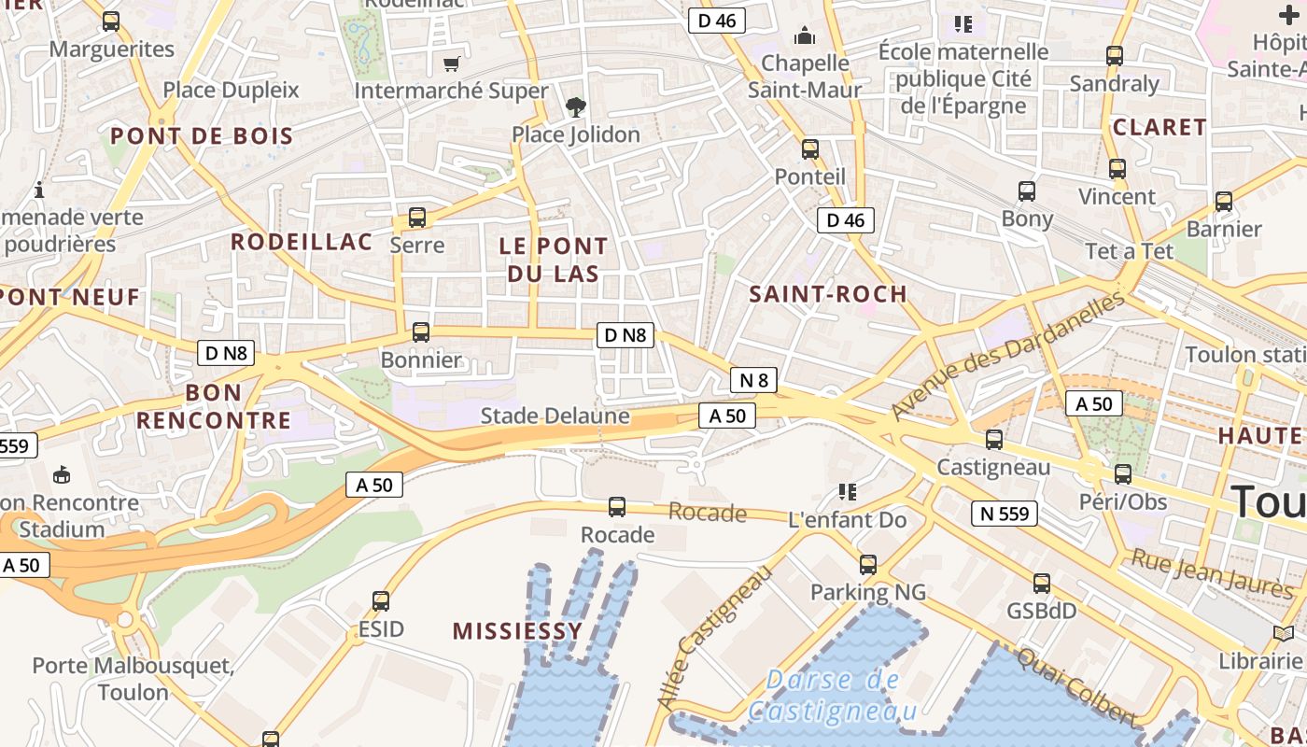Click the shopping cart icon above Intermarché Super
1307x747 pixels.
coord(452,63)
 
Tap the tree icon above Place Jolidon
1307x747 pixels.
coord(576,107)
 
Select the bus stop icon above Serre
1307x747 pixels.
coord(417,218)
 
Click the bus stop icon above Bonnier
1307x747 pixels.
coord(421,332)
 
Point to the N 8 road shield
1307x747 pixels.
coord(753,380)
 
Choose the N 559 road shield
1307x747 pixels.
coord(1005,513)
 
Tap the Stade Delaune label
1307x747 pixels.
coord(555,416)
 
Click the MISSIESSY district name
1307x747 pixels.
coord(518,631)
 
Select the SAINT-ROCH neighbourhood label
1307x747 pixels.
coord(828,294)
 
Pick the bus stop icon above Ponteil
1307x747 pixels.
coord(810,149)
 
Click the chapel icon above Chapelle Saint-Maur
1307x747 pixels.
coord(804,36)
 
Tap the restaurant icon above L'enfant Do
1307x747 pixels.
coord(847,491)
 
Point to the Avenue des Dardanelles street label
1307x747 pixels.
coord(1008,356)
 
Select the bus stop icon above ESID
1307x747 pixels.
coord(381,601)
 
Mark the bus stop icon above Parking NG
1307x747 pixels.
coord(868,564)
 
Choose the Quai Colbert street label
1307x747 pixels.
coord(1076,686)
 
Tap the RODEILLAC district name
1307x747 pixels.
coord(302,242)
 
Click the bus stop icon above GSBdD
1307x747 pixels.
coord(1042,584)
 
